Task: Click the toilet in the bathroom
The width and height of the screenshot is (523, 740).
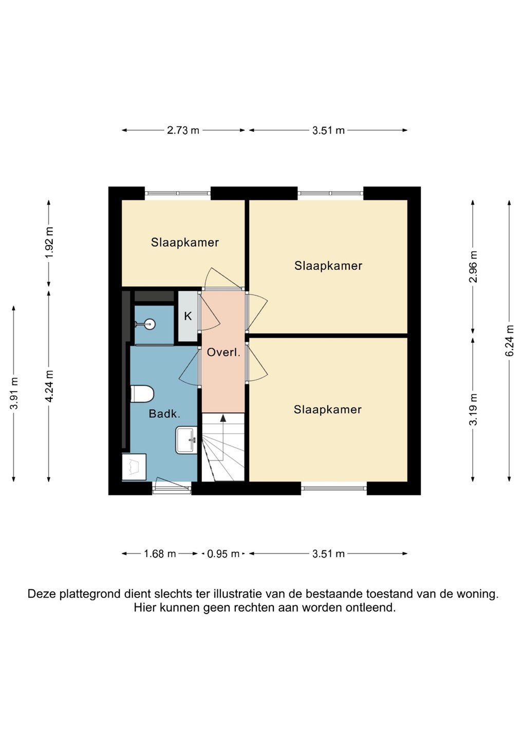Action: (142, 394)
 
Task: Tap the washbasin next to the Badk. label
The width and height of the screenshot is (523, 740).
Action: (186, 440)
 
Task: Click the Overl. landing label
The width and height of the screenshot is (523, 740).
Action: (223, 353)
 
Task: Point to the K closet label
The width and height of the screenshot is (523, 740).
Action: (188, 316)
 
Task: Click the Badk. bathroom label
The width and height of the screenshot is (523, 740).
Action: (164, 414)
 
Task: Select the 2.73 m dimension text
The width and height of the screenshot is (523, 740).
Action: (183, 131)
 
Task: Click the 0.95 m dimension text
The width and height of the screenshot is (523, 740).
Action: (223, 554)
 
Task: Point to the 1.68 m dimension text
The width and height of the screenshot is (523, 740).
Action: (160, 554)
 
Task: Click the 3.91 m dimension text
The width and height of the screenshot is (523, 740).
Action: (14, 393)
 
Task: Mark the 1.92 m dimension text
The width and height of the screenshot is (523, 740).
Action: (49, 243)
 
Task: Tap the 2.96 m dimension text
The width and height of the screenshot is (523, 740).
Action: (474, 267)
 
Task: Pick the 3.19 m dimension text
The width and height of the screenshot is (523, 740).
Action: (474, 410)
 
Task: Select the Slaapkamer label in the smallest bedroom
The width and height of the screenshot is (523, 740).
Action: (185, 243)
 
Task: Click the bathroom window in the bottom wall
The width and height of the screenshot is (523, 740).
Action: (172, 488)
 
